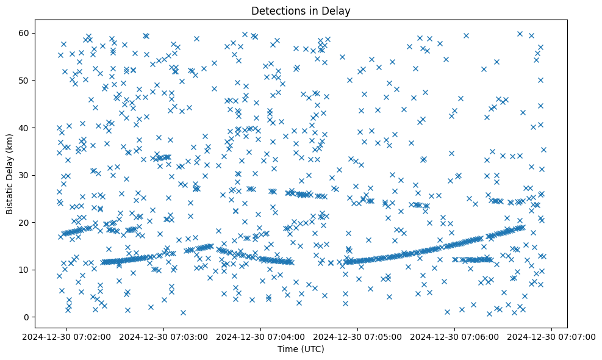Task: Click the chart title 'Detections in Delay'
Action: click(301, 10)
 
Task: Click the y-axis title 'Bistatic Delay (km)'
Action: click(10, 174)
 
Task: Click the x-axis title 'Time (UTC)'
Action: click(301, 349)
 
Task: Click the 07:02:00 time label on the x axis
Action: click(66, 336)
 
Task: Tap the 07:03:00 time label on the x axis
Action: click(164, 336)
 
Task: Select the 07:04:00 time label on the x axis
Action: click(261, 336)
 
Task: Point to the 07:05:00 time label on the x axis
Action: click(358, 336)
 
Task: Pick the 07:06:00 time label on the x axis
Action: click(455, 336)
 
